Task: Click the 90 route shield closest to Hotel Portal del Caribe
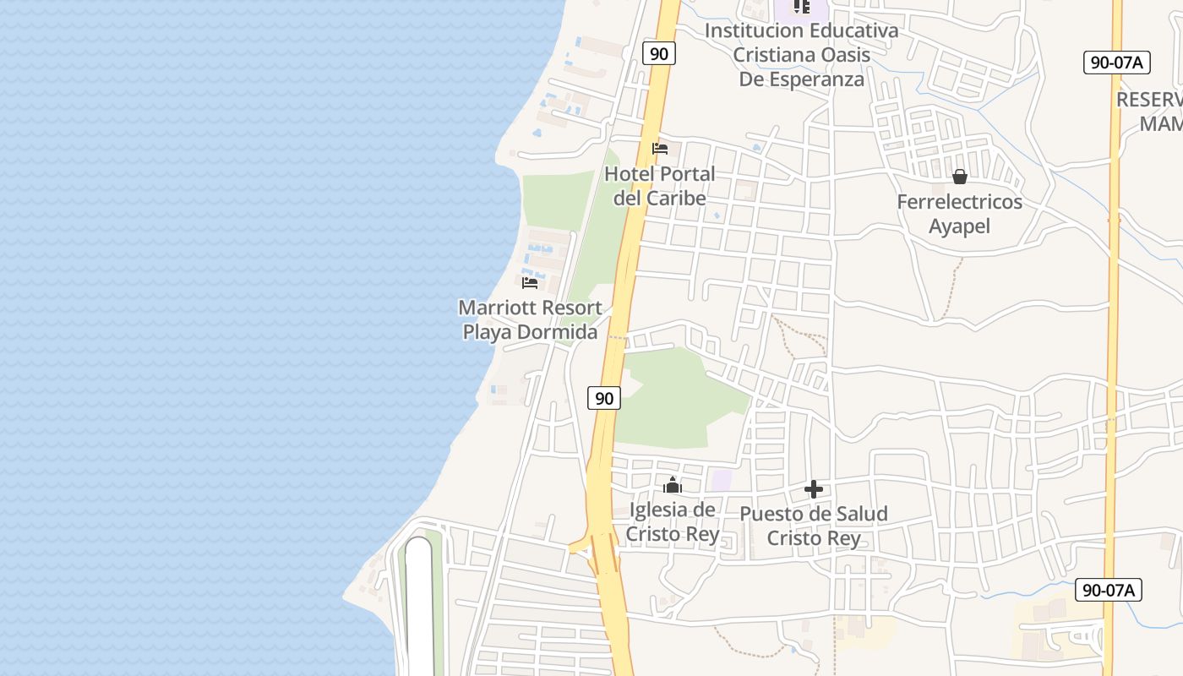coord(659,53)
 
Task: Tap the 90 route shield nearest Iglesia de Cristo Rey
coord(604,397)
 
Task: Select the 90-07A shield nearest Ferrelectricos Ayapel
coord(1116,62)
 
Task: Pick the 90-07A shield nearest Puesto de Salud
coord(1109,590)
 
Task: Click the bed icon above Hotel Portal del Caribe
coord(660,149)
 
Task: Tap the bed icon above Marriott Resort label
coord(530,282)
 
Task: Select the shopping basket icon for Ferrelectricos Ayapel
coord(959,177)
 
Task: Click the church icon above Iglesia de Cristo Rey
coord(672,485)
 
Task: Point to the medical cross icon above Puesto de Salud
coord(814,489)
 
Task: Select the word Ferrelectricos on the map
coord(959,202)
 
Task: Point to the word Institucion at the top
coord(754,30)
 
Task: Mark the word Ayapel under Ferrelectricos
coord(959,226)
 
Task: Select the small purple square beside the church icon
coord(721,480)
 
